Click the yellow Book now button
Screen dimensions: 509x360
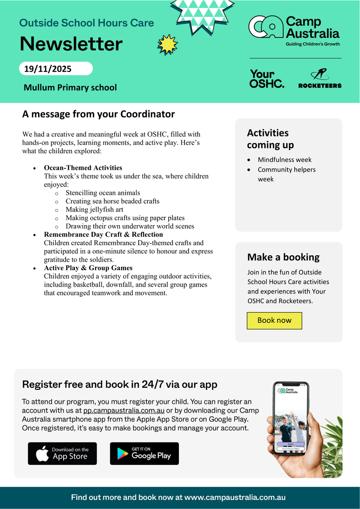274,321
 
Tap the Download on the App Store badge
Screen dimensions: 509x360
62,453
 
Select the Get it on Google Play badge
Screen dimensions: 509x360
144,453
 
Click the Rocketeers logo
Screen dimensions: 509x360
320,79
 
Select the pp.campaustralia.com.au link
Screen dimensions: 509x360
124,410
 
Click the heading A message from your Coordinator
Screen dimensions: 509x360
98,114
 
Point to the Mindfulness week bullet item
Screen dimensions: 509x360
285,160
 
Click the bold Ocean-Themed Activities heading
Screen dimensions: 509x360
83,168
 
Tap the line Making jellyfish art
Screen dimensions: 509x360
94,209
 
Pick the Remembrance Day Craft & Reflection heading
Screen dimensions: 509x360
103,234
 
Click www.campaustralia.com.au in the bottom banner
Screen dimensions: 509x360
235,498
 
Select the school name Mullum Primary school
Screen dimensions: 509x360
70,88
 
